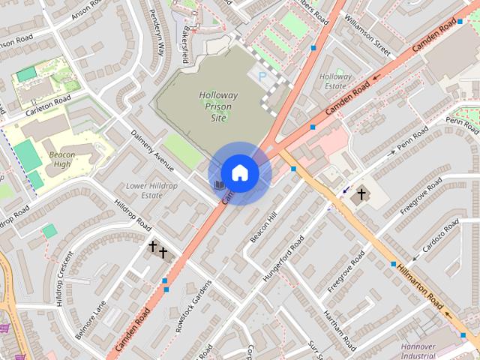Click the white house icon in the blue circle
[239, 173]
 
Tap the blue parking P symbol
[262, 76]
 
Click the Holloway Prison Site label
[218, 106]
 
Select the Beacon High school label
[62, 159]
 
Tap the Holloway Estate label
[335, 81]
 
